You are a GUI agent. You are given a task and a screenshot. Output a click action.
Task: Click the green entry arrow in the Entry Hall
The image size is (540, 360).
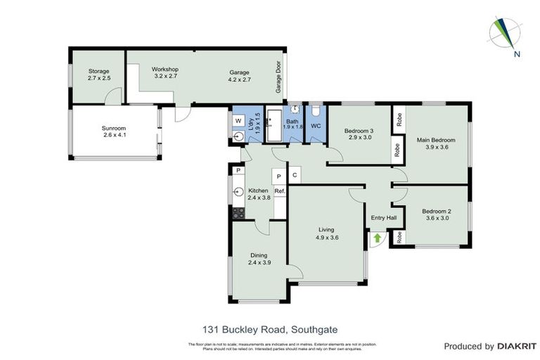point(377,238)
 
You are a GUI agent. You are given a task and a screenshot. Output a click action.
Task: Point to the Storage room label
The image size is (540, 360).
point(99,71)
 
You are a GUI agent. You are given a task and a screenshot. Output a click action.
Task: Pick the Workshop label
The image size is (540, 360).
point(165,70)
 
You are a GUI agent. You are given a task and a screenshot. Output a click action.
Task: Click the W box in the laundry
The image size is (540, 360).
point(239,120)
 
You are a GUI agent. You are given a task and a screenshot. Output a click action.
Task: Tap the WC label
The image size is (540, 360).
point(316,126)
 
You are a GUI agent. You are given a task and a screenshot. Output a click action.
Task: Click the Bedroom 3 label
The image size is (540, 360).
point(359,131)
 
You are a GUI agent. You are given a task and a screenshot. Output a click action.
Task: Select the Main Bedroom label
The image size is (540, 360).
point(436,140)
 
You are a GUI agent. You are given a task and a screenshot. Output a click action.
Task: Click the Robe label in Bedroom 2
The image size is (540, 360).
point(399,238)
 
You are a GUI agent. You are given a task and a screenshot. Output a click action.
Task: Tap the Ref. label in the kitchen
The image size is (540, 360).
point(279,191)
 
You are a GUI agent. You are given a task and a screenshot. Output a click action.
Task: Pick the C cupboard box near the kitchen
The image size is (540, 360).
point(295,175)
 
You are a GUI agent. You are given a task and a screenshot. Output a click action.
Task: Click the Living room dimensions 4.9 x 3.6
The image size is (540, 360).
point(327,238)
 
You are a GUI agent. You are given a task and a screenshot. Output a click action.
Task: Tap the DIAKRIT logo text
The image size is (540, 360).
point(516,346)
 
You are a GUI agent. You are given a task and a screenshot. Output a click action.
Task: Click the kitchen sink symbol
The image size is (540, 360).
point(239,191)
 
